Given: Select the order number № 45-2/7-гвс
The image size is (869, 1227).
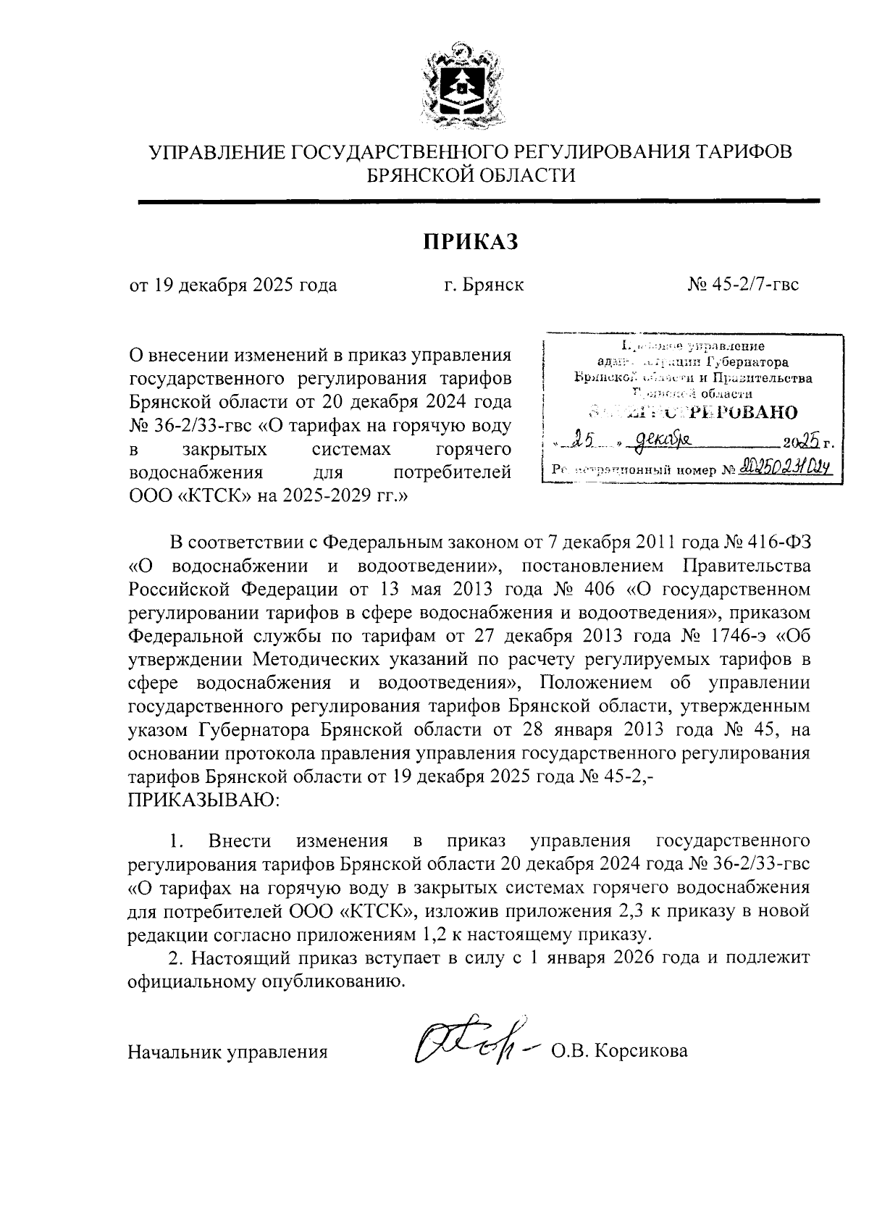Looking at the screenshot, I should click(x=743, y=285).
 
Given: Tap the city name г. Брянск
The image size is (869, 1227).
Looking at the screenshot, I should click(x=484, y=285).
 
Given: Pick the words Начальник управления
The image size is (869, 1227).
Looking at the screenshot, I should click(x=227, y=1052).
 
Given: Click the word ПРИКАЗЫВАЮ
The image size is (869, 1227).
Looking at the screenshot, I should click(x=203, y=800).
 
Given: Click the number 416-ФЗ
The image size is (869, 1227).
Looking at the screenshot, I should click(x=775, y=542).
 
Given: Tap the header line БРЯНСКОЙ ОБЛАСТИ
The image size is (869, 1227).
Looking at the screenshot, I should click(x=471, y=175).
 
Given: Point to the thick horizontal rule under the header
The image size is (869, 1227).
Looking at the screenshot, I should click(x=478, y=201).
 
